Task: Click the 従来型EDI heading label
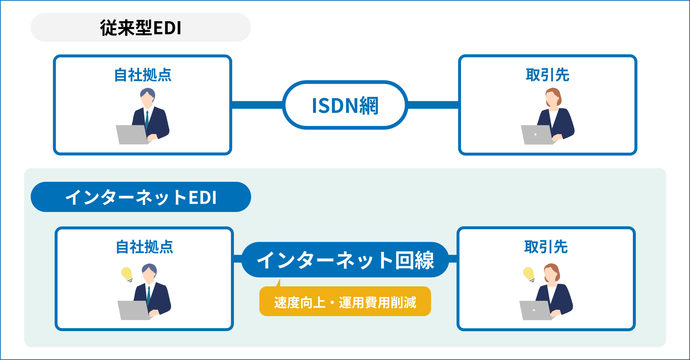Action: point(141,28)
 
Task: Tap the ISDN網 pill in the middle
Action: point(345,105)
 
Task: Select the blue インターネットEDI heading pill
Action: point(141,197)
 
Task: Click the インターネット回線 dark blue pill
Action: point(345,259)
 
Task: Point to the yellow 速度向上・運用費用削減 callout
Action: point(345,302)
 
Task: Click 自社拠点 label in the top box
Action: point(143,75)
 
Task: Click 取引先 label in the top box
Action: point(547,75)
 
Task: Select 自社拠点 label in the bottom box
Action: point(144,247)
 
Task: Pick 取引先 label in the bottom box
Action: point(546,247)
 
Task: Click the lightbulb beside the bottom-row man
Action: point(127,274)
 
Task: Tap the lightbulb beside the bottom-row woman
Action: point(529,274)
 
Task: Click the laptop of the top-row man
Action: point(131,135)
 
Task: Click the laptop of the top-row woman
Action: point(536,135)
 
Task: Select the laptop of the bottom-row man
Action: point(133,310)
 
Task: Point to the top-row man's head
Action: point(148,97)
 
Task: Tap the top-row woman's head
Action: point(553,97)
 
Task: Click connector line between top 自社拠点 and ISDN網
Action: point(257,105)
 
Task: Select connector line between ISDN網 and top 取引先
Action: point(433,105)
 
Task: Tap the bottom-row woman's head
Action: point(551,273)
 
